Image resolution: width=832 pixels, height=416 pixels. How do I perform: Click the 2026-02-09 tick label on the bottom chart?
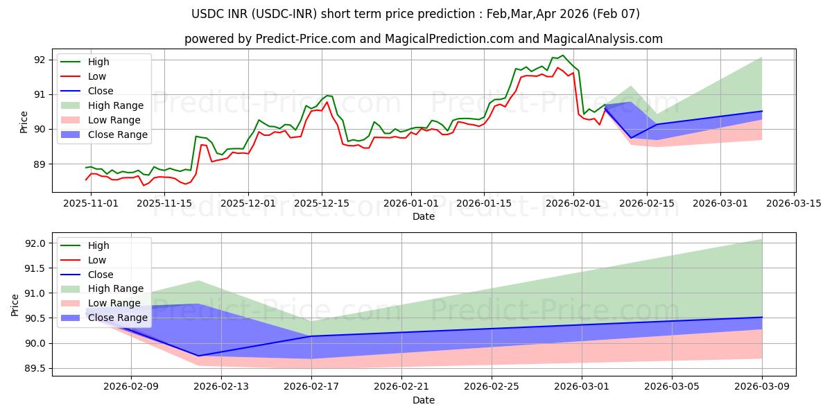pyautogui.click(x=131, y=386)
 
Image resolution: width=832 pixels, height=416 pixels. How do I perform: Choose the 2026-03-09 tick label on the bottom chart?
pyautogui.click(x=762, y=386)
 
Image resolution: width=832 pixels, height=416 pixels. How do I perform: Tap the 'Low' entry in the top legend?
pyautogui.click(x=97, y=76)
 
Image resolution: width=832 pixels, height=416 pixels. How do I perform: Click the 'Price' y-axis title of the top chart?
pyautogui.click(x=24, y=122)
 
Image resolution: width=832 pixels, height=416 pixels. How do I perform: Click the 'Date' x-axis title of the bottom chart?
pyautogui.click(x=424, y=400)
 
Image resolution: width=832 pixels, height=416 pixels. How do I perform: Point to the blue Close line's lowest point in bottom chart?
pyautogui.click(x=198, y=356)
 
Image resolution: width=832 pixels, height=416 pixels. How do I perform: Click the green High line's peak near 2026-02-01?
pyautogui.click(x=562, y=55)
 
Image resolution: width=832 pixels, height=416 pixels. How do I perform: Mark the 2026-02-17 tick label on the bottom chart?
pyautogui.click(x=311, y=386)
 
